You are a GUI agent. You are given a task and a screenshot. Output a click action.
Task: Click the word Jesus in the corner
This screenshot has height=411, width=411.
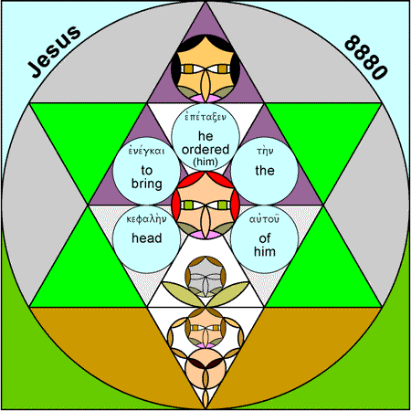point(54,51)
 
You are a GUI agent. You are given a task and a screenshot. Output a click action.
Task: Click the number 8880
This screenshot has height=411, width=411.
point(366,58)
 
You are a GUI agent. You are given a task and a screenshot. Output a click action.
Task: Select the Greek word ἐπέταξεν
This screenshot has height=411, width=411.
point(205,117)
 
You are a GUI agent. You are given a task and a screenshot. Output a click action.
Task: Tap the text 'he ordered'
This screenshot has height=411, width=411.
point(205,142)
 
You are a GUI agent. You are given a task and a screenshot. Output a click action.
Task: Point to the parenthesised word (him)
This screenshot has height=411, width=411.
point(205,162)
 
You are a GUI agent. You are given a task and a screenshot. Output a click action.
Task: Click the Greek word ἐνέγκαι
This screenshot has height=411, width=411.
point(146,151)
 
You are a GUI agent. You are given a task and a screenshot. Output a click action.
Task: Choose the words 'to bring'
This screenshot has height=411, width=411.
point(147,176)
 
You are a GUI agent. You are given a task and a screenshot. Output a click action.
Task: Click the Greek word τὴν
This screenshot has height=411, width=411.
point(265,151)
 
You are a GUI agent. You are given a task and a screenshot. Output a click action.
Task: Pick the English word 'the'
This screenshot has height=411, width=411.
point(265,170)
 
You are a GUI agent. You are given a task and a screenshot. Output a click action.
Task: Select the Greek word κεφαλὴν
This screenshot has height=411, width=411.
point(146,219)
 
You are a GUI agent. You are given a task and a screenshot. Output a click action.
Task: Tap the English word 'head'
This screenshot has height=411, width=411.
point(147,237)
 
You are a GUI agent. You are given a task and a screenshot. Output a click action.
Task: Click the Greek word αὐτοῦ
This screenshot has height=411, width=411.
point(264,219)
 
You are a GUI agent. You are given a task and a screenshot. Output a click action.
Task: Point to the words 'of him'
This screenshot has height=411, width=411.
point(265,245)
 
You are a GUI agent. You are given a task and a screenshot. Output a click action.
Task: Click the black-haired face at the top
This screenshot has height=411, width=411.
point(205,68)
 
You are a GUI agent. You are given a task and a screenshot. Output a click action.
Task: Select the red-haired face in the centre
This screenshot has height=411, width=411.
point(205,205)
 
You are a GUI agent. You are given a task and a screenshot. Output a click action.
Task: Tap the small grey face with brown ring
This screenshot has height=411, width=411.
point(205,277)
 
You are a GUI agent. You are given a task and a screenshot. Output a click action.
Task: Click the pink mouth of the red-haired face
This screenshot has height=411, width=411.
point(205,235)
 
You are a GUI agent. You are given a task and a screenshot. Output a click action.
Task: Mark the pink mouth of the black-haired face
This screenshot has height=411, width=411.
point(205,99)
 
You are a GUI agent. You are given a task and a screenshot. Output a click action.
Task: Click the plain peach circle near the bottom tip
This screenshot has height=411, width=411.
point(205,368)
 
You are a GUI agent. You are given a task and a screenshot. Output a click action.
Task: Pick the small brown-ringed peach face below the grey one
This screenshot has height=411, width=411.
point(205,328)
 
